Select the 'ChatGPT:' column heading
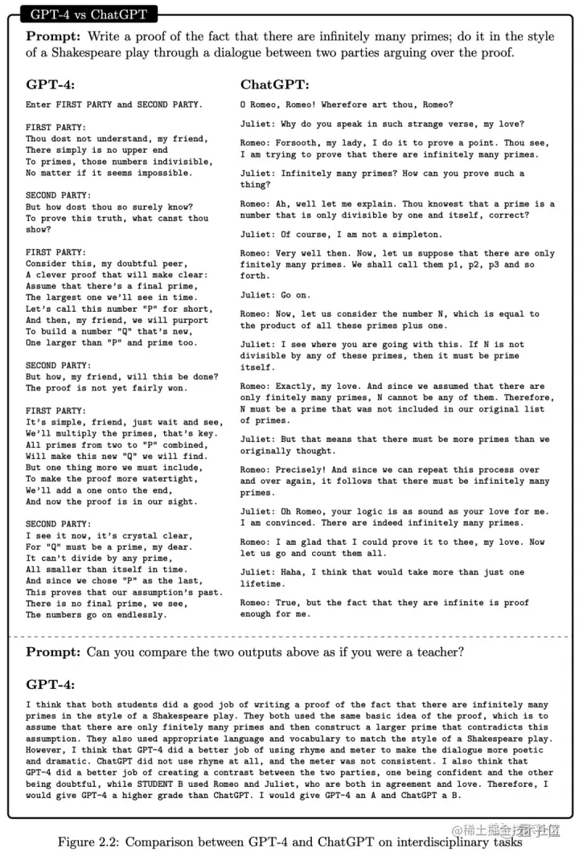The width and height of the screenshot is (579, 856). click(274, 84)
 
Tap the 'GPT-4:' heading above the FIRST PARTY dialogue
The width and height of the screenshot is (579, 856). click(51, 84)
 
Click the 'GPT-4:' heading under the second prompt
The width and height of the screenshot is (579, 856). click(51, 684)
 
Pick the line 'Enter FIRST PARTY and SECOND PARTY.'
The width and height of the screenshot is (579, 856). click(114, 104)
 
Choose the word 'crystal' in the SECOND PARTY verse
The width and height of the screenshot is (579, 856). click(141, 536)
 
